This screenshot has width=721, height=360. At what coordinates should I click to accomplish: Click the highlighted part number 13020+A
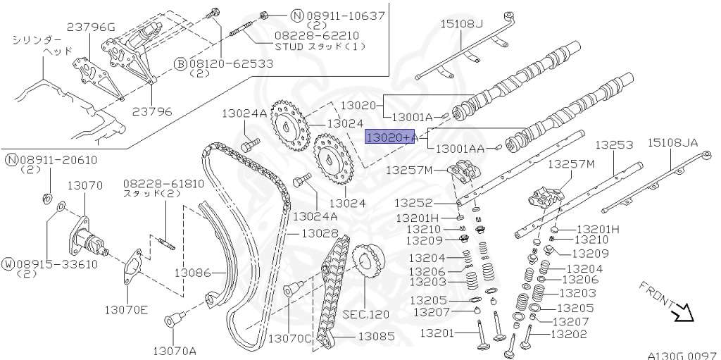tap(390, 137)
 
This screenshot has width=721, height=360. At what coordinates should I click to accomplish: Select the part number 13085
tap(377, 337)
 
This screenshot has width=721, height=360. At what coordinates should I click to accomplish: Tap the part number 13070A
tap(175, 349)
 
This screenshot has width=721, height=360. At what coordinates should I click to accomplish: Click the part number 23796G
tap(91, 27)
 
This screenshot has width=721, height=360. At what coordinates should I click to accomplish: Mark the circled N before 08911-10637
tap(277, 15)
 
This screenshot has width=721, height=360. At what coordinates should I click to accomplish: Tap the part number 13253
tap(614, 145)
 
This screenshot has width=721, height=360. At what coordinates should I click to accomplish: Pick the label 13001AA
tap(460, 149)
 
